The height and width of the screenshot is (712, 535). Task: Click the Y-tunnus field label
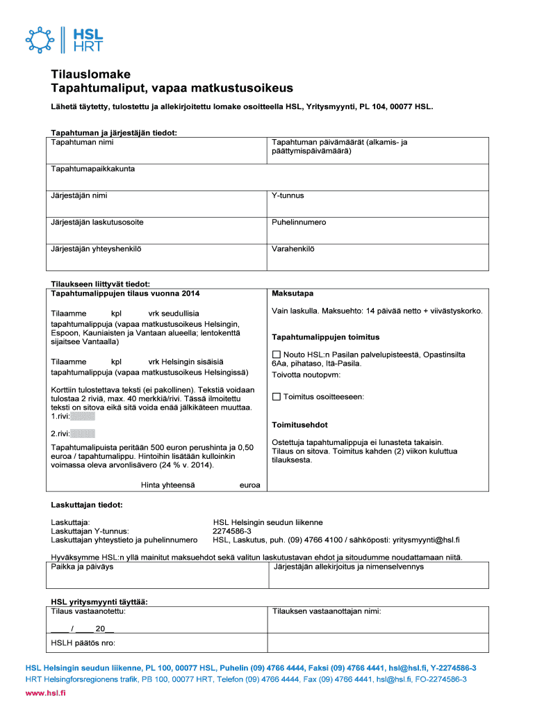point(288,195)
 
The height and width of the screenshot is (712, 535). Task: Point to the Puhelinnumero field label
point(299,222)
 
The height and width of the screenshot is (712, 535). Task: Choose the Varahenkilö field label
point(293,248)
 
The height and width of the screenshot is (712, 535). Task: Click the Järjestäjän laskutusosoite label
point(97,222)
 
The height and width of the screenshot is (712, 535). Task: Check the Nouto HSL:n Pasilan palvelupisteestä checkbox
point(276,355)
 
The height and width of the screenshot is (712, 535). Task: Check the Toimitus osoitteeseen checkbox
point(276,397)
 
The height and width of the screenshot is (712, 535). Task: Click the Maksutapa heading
point(293,293)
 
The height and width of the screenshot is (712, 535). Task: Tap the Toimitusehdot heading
point(299,425)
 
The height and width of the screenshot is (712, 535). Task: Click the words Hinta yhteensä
point(167,485)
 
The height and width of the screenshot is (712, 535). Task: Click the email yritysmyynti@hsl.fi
point(426,540)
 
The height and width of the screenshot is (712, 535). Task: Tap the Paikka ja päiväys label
point(82,567)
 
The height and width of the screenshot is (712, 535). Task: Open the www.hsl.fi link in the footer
point(45,693)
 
